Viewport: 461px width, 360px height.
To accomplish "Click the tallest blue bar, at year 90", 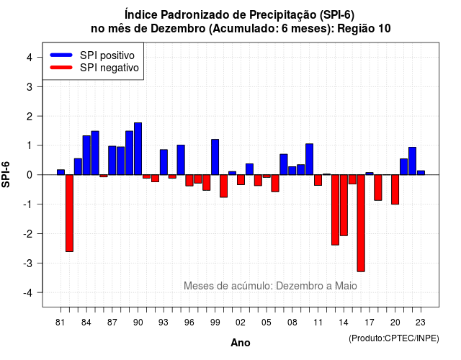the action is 138,149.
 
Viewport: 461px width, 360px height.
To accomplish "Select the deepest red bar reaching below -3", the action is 361,223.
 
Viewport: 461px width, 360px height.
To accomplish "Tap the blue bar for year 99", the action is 215,157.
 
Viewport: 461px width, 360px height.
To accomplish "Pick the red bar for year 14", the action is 344,205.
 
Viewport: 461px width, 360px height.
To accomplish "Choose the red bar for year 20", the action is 395,189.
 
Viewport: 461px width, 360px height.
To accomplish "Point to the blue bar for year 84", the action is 86,156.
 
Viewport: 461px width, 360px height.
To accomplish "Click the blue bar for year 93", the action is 164,162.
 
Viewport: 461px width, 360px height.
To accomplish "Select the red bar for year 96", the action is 189,181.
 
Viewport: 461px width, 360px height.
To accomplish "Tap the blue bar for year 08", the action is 292,171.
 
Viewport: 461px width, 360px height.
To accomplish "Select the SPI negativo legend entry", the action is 94,68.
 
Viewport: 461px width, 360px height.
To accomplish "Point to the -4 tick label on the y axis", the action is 29,293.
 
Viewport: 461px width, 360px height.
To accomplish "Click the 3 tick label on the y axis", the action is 30,86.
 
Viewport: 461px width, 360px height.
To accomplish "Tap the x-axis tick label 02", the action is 241,323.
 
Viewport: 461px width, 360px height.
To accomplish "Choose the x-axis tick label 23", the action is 421,323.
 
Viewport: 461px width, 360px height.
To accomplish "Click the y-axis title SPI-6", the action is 6,174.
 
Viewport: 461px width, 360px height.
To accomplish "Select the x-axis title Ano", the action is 241,343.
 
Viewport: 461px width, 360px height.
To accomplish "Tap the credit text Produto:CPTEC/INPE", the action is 394,338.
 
